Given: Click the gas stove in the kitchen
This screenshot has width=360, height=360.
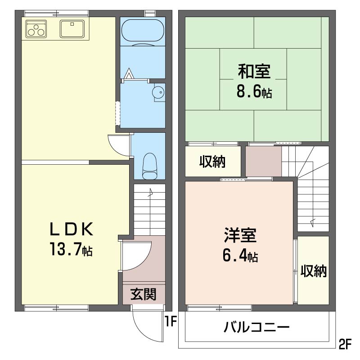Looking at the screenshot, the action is [36, 29].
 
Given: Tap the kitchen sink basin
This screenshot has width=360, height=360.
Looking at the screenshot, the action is [72, 29].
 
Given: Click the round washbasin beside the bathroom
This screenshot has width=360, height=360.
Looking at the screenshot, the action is [158, 92].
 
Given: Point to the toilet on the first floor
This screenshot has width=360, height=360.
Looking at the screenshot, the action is [149, 166].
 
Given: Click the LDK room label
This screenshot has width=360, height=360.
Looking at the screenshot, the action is [72, 229].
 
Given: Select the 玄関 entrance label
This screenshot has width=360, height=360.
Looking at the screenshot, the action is [143, 294].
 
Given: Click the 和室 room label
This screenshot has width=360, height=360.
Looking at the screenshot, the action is [254, 71].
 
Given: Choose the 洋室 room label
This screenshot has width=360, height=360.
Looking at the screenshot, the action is [240, 235].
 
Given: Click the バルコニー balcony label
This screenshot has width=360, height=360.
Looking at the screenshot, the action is [256, 327].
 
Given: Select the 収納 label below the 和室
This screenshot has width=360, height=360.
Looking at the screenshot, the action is [212, 162].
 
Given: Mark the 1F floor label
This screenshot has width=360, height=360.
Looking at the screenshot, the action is [171, 321].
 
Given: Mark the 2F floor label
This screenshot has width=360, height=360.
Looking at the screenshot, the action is [345, 344].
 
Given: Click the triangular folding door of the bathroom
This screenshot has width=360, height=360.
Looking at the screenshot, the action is [129, 73].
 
